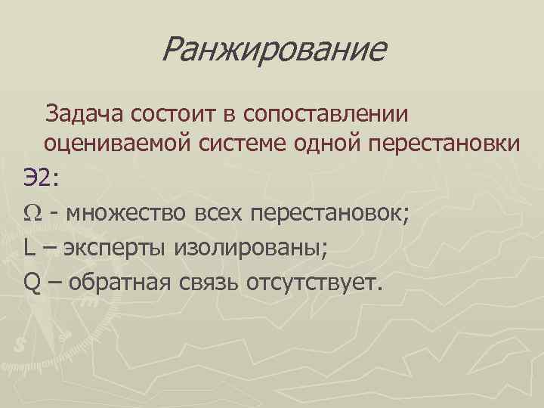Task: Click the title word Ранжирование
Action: [274, 51]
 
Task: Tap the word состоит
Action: [178, 114]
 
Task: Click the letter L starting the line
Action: [28, 247]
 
